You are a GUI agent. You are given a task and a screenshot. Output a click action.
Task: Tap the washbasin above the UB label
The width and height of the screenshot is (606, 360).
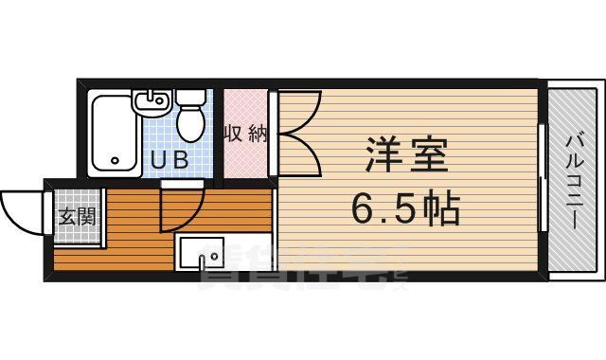153,100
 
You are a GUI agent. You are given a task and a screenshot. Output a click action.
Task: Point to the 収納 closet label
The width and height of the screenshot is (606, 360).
244,134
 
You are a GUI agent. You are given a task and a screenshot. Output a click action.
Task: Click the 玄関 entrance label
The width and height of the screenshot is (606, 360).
76,217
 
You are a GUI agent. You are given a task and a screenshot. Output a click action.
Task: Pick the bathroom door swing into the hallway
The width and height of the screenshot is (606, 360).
185,213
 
